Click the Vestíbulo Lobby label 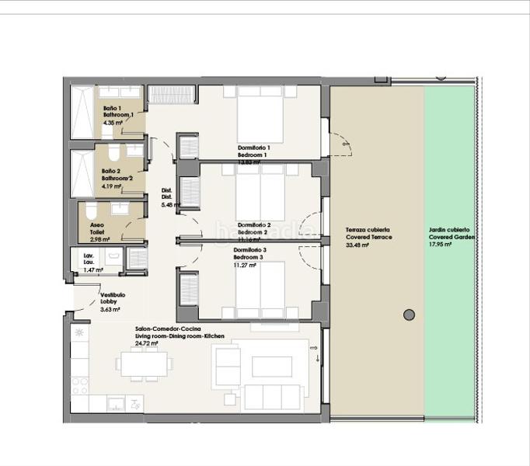click(113, 298)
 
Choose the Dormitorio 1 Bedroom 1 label click(253, 151)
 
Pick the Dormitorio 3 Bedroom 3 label click(250, 253)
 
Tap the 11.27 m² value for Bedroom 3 click(245, 264)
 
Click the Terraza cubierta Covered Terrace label click(368, 234)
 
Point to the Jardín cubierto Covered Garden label click(448, 234)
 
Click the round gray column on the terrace click(409, 315)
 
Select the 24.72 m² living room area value click(146, 343)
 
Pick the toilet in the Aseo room click(91, 210)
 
